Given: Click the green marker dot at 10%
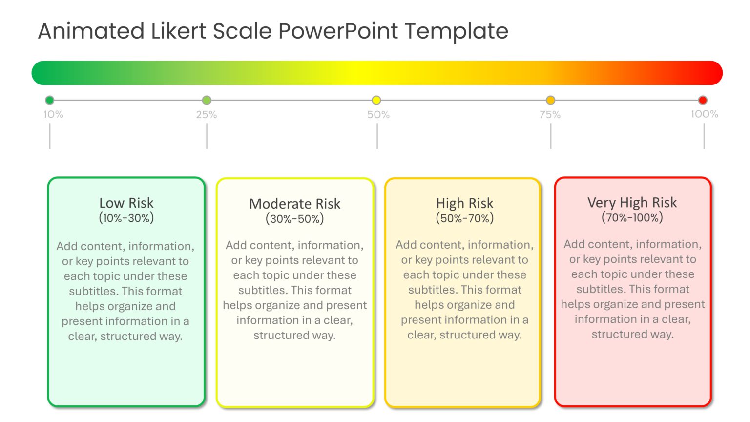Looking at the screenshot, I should tap(49, 100).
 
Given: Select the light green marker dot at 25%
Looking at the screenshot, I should tap(207, 100).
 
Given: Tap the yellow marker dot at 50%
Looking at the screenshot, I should tap(376, 100).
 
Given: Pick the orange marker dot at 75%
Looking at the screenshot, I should tap(550, 100).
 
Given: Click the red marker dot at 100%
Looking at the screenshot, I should tap(703, 100).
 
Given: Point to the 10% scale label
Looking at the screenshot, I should tap(53, 114).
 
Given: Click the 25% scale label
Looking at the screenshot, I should tap(207, 115).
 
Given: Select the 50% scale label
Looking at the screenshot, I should tap(378, 115).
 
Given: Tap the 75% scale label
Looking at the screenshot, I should tap(550, 115).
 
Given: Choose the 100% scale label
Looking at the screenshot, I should tap(704, 114).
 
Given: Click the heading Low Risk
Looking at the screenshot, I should tap(126, 203).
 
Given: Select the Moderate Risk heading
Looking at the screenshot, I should tap(294, 204).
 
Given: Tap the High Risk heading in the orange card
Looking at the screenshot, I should tap(464, 203).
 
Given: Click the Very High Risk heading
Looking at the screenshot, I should tap(632, 202).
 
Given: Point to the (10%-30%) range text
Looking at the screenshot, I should tap(126, 218).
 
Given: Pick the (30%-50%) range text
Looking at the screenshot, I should tap(294, 219).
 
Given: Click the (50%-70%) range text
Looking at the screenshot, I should tap(464, 218).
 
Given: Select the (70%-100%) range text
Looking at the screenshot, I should tap(632, 217).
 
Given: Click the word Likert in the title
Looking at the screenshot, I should tap(179, 31).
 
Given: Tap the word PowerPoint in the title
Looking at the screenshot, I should tap(338, 31).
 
